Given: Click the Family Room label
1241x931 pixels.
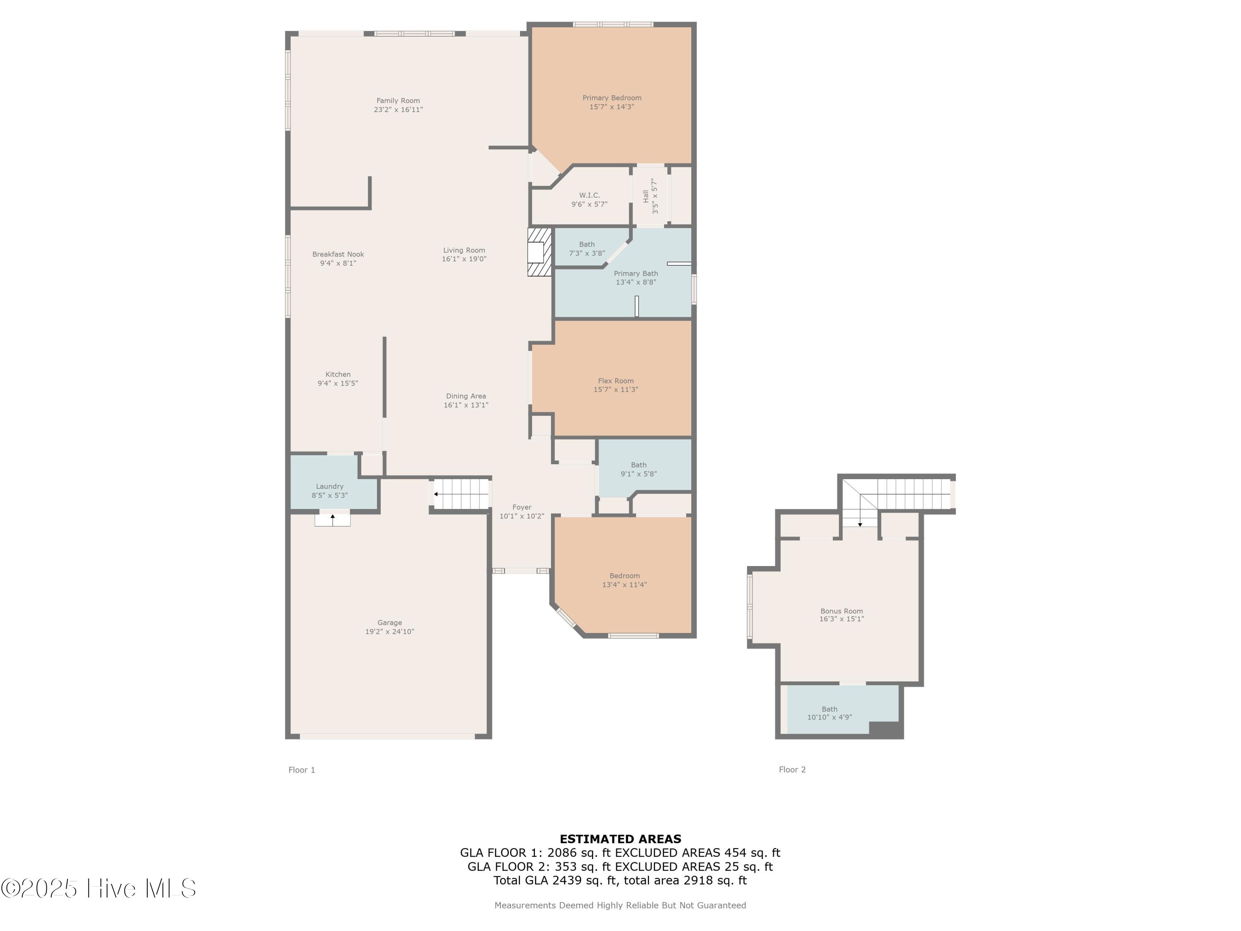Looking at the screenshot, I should [398, 101].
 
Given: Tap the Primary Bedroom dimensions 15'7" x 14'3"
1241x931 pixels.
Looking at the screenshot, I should [611, 107].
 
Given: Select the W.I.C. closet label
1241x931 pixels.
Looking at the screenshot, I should [589, 195].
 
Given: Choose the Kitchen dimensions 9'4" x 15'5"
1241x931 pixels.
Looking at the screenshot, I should [337, 383].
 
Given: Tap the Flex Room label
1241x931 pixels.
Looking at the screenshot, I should [616, 381].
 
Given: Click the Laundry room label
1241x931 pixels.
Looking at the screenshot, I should [329, 487].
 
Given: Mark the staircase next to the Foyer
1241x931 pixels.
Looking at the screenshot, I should [461, 494].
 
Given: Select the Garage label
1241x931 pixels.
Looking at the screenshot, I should [389, 622].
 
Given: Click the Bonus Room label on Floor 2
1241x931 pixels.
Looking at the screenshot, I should [841, 611].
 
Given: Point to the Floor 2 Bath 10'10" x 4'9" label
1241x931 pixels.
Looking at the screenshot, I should [829, 713].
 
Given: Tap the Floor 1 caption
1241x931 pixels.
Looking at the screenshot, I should [302, 770].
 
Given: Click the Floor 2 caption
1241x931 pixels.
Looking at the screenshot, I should [792, 769].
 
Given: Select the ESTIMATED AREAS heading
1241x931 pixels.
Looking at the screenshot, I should [620, 839].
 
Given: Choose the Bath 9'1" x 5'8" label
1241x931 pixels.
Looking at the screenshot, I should [638, 469].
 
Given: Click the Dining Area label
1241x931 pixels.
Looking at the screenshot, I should [466, 396].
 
